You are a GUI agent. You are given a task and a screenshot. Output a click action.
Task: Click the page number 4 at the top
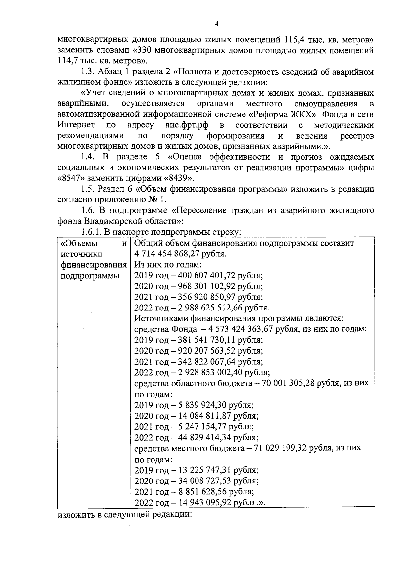coord(217,24)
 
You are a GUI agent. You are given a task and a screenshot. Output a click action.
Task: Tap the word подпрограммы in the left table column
coord(90,276)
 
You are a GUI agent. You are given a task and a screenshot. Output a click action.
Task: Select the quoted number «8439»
coord(178,178)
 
